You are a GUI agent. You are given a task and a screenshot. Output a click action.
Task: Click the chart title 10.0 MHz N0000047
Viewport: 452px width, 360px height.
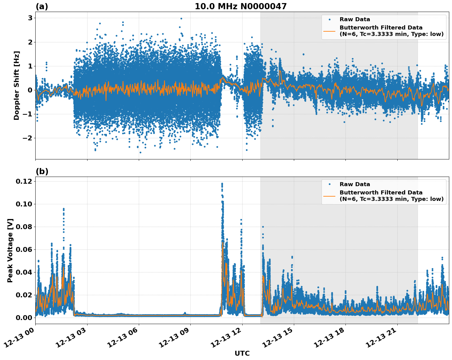240,6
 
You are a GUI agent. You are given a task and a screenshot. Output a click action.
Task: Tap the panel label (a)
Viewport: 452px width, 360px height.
42,6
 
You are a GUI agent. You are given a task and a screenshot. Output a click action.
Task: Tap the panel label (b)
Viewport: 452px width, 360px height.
42,171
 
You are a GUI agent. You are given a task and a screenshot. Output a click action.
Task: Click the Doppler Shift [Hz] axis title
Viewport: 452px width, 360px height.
17,85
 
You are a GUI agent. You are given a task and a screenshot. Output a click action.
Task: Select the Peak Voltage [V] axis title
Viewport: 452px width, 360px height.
10,250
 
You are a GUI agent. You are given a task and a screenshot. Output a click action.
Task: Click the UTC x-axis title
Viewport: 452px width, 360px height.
242,353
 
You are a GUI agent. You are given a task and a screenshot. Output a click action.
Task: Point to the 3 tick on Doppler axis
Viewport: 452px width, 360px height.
30,18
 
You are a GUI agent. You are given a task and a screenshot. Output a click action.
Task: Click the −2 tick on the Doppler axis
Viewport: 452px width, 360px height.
28,138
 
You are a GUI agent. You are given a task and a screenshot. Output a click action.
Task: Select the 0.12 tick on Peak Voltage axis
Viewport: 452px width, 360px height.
24,182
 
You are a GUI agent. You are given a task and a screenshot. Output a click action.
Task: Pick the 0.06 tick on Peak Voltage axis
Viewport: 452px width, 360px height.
24,249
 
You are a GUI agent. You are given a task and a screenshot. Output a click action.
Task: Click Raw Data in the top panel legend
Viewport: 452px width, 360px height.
355,19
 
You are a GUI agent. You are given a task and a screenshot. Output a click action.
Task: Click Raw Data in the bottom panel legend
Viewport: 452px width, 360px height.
355,184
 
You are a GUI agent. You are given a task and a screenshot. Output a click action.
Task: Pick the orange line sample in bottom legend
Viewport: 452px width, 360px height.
329,196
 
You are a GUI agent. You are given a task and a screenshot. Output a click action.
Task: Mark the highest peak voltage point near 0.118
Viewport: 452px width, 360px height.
222,184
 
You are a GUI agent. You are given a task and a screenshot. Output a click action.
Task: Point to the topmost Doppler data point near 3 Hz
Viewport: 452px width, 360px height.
181,18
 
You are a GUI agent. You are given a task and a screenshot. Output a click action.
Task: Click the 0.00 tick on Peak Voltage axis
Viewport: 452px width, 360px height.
24,317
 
